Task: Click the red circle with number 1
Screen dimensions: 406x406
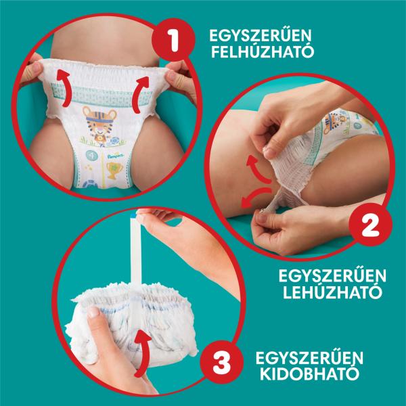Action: tap(173, 40)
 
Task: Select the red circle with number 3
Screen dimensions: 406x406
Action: tap(222, 362)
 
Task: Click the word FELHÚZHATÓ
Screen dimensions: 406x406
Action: tap(263, 51)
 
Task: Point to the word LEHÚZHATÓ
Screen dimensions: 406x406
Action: tap(332, 292)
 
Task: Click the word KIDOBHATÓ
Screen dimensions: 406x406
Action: tap(310, 373)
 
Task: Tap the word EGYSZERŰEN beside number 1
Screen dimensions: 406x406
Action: tap(261, 35)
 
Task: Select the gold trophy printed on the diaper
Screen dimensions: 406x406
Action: tap(114, 171)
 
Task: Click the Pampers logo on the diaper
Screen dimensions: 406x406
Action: tap(116, 156)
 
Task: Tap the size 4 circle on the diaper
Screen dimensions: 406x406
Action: tap(92, 156)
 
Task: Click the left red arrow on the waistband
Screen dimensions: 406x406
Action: tap(63, 88)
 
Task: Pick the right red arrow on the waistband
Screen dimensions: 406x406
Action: tap(140, 95)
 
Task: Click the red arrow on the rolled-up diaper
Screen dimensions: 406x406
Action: tap(142, 352)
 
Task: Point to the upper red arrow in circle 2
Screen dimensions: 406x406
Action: tap(257, 168)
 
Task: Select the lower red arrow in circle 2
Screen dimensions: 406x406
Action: tap(255, 196)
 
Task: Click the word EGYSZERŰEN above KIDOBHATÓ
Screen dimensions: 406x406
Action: tap(309, 357)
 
